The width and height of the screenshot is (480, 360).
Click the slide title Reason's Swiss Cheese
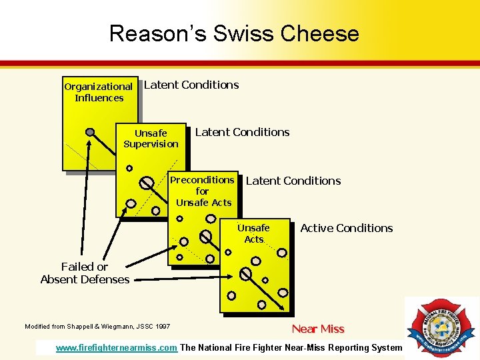[234, 33]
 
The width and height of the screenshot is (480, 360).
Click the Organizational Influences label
[99, 92]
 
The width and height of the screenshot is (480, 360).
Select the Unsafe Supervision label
[151, 139]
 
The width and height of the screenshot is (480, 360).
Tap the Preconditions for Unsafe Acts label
[203, 191]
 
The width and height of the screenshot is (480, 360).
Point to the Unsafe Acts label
[254, 233]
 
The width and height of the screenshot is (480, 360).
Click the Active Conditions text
[347, 228]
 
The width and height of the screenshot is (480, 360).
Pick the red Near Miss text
[318, 329]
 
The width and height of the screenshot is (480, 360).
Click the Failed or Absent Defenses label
[85, 273]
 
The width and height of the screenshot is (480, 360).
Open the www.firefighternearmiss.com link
[117, 347]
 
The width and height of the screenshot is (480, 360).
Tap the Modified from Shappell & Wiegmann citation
[97, 327]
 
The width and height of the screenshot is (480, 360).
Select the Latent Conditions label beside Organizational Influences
[191, 85]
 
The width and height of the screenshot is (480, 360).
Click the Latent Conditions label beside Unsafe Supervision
[242, 132]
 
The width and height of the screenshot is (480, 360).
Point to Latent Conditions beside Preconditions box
[293, 181]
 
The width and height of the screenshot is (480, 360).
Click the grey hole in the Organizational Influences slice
[90, 132]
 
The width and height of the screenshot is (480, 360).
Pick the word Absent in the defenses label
[61, 279]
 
